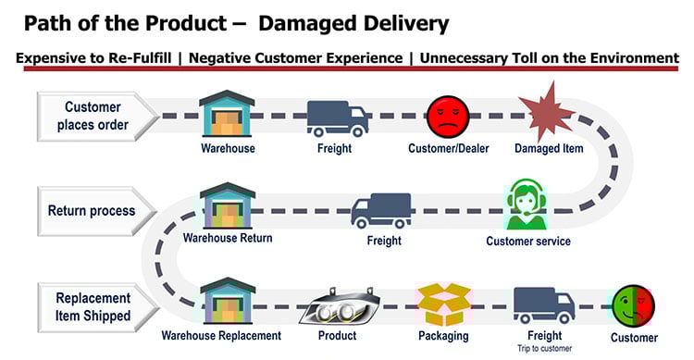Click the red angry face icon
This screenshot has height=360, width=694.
[x=450, y=117]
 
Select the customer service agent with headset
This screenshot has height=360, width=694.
[x=527, y=205]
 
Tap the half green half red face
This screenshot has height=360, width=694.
[x=633, y=307]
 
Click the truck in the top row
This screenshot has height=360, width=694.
[x=338, y=117]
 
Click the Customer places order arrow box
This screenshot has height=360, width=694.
[x=88, y=116]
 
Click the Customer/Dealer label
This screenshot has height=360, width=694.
[x=449, y=148]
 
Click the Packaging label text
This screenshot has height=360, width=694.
[x=443, y=337]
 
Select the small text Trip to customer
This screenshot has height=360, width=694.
[x=544, y=349]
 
